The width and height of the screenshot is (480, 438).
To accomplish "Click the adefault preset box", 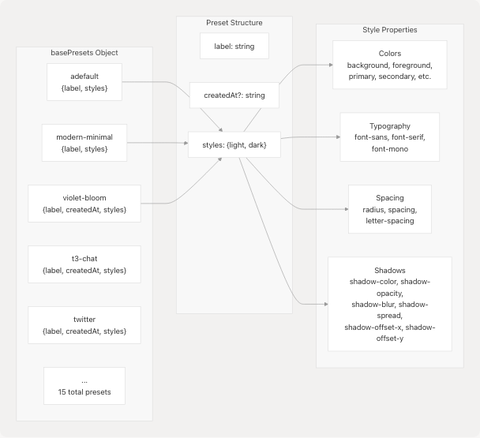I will (x=84, y=82).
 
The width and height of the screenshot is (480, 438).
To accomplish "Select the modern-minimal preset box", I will (x=84, y=143).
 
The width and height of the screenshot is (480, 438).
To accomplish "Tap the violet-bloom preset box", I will (x=84, y=203).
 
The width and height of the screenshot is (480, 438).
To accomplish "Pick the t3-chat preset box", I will (x=84, y=264).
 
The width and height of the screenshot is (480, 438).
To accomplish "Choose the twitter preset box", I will (x=84, y=325).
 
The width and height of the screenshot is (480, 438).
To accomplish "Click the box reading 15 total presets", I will (x=84, y=387).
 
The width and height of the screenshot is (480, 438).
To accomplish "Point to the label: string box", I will (x=234, y=46).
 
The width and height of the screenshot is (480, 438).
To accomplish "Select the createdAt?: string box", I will (x=234, y=95).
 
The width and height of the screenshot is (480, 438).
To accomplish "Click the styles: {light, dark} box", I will (x=234, y=144).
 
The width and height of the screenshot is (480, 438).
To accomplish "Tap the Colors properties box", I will (x=390, y=64).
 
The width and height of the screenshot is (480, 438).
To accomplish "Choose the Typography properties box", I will (x=389, y=137).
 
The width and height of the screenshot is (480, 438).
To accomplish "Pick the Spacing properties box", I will (x=389, y=209).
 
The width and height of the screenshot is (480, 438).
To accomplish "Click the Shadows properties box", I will (x=389, y=304).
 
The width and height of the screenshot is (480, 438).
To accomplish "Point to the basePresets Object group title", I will (x=84, y=53).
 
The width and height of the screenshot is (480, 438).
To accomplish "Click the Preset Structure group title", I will (x=234, y=23).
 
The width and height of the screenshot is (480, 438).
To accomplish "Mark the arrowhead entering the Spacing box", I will (x=345, y=209).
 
